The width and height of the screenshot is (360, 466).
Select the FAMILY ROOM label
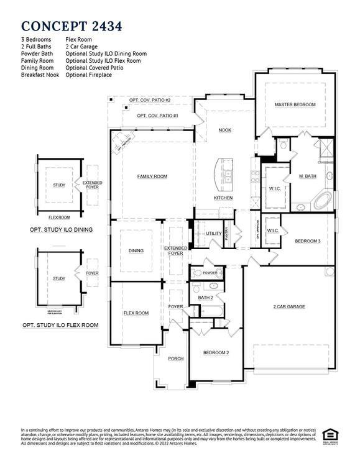point(152,176)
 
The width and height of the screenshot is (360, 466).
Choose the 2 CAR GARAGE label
point(289,306)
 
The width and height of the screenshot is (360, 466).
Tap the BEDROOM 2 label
point(216,352)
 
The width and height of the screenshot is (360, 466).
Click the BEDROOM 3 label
point(307,240)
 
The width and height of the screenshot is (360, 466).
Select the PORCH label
point(175,359)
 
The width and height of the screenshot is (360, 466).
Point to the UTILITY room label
point(214,233)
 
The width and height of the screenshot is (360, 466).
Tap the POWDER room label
point(210,273)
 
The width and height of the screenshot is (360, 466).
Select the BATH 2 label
point(206,298)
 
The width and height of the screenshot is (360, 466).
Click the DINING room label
point(136,251)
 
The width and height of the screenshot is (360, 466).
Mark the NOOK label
point(224,130)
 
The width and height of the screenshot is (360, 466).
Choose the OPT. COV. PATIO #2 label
point(149,100)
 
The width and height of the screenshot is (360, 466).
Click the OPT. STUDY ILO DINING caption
point(62,229)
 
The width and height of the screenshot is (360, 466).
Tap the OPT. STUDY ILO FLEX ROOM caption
point(60,325)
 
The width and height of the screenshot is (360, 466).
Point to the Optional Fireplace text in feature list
point(88,75)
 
